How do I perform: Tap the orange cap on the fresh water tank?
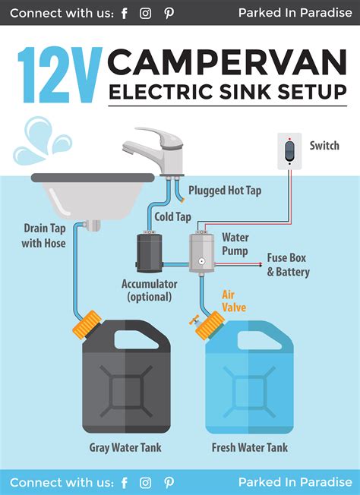click(210, 326)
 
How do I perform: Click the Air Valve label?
click(233, 301)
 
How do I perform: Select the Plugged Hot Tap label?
click(225, 191)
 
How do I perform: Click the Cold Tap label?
click(172, 216)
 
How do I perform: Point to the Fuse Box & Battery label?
click(288, 265)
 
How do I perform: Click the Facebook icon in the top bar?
click(125, 13)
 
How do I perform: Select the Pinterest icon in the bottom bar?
click(169, 483)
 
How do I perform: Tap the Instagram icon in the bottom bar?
click(146, 483)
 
